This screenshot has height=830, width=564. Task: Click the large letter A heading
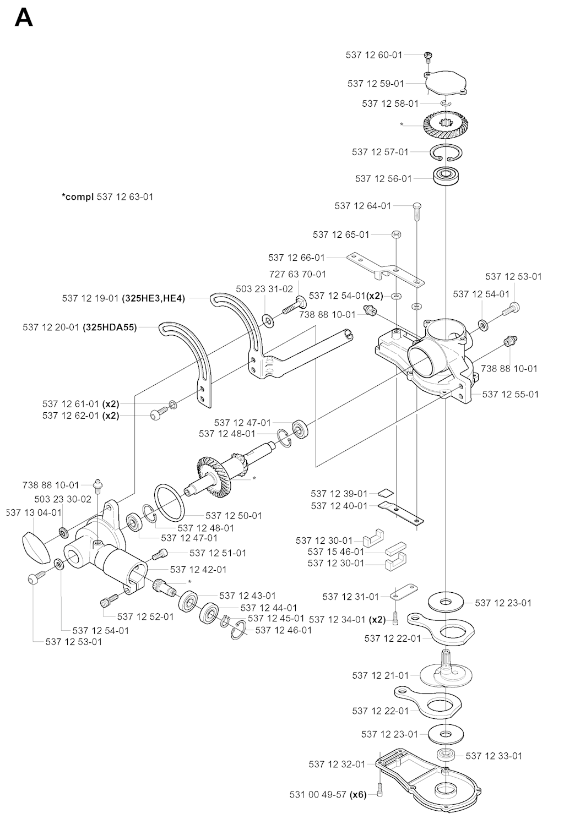click(x=24, y=18)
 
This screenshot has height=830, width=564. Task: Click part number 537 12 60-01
click(x=374, y=55)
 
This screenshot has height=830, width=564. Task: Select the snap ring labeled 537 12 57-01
click(x=447, y=152)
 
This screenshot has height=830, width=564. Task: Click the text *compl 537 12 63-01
click(x=107, y=196)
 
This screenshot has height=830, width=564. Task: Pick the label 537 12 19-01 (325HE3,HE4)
click(x=123, y=298)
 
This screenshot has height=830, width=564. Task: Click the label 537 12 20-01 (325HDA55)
click(x=80, y=327)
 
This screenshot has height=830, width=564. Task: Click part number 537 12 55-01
click(x=510, y=394)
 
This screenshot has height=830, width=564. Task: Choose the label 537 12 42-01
click(x=198, y=570)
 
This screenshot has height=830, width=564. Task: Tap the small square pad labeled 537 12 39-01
click(x=386, y=493)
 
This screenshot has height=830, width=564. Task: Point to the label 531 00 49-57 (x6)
click(x=328, y=794)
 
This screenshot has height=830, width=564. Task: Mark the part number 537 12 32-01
click(x=337, y=764)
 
